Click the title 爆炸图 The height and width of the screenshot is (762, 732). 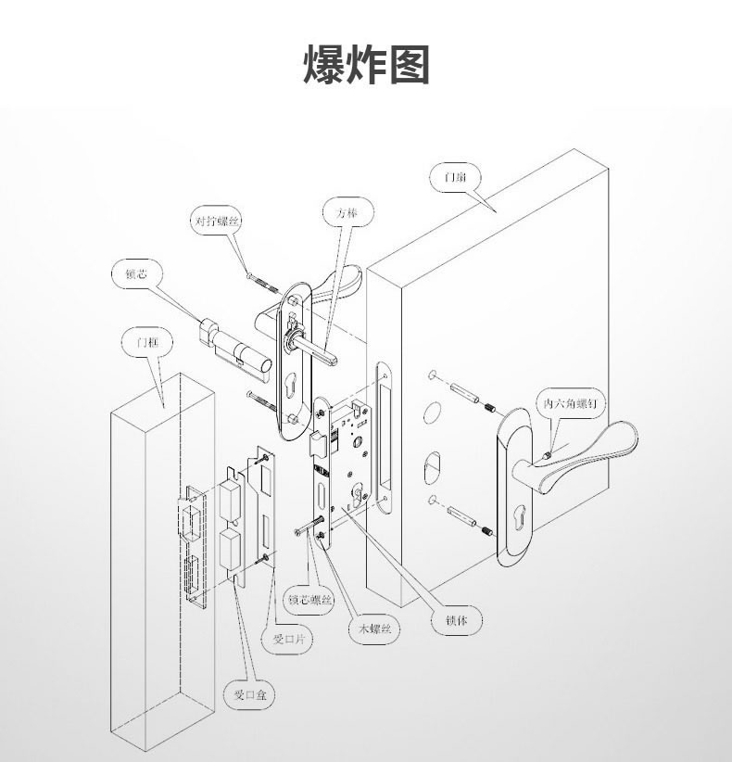(366, 64)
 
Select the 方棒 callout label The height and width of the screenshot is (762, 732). (347, 213)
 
